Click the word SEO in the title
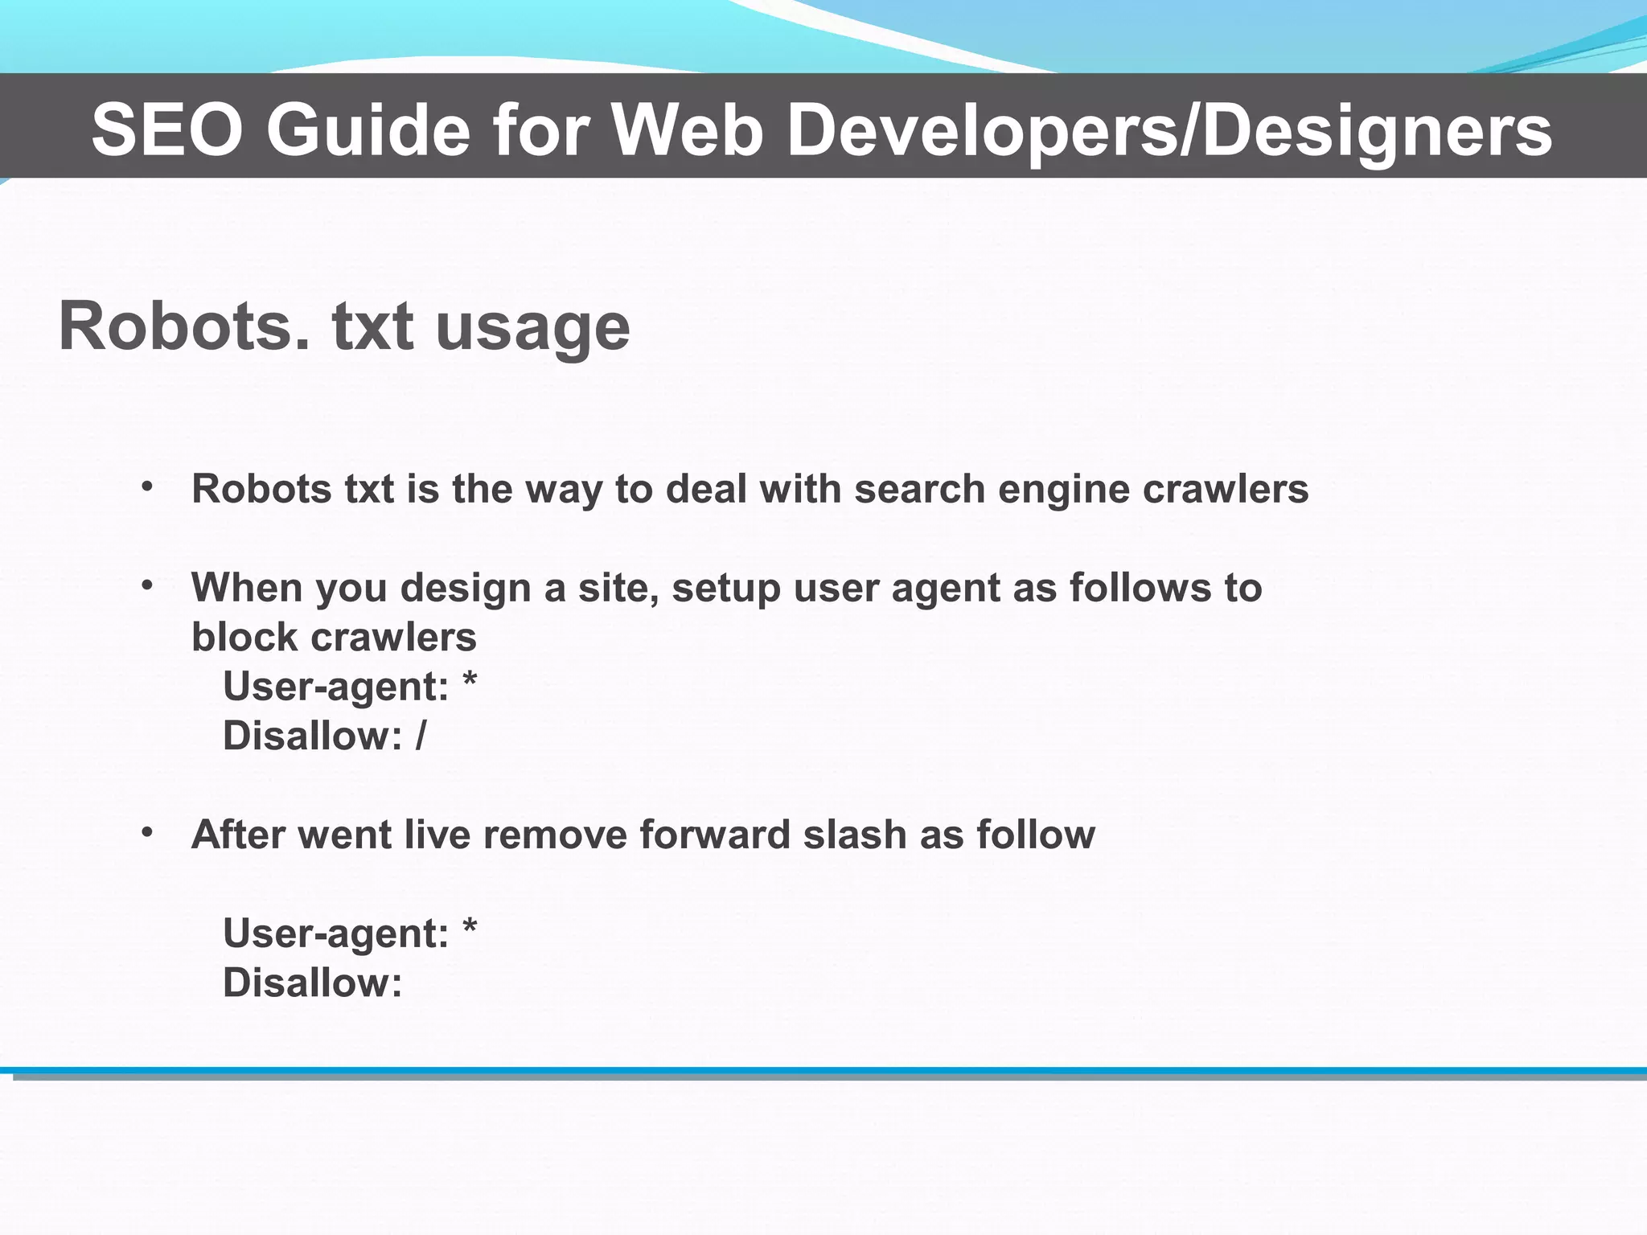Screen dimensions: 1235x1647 pyautogui.click(x=166, y=130)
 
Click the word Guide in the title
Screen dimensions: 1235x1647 pyautogui.click(x=368, y=130)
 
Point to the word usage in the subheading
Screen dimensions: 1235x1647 pyautogui.click(x=532, y=328)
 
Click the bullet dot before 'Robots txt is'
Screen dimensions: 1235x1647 pyautogui.click(x=147, y=486)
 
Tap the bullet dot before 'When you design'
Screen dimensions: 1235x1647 pyautogui.click(x=147, y=585)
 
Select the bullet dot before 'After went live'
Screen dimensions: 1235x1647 pyautogui.click(x=147, y=832)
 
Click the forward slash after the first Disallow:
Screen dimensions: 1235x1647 pyautogui.click(x=421, y=736)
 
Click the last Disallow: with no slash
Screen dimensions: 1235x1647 pyautogui.click(x=312, y=983)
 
